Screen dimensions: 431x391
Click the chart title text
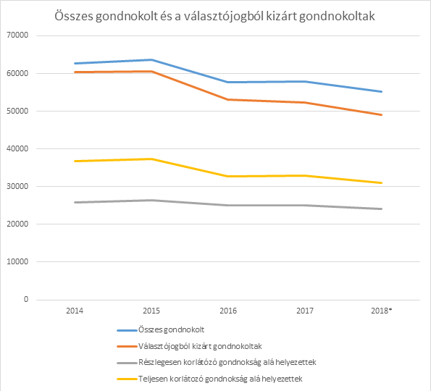[x=214, y=16]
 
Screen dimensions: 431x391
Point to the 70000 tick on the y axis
[x=18, y=35]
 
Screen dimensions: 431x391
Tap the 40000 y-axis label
[x=18, y=148]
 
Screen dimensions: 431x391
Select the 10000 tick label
[x=18, y=261]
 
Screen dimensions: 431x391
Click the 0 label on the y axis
[x=26, y=299]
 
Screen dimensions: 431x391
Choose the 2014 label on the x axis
[x=75, y=311]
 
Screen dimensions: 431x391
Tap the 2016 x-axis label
[x=228, y=311]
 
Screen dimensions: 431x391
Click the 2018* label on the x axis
[x=382, y=311]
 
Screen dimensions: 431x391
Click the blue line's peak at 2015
[x=151, y=59]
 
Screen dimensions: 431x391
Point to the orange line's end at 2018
[x=382, y=115]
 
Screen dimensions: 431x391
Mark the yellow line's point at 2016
[x=228, y=177]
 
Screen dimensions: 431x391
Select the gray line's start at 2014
[x=75, y=203]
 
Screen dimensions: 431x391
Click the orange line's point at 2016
[x=228, y=99]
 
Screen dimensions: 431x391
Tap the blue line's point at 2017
[x=305, y=82]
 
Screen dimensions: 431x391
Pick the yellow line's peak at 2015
[x=151, y=159]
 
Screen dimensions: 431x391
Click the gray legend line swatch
[x=127, y=363]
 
